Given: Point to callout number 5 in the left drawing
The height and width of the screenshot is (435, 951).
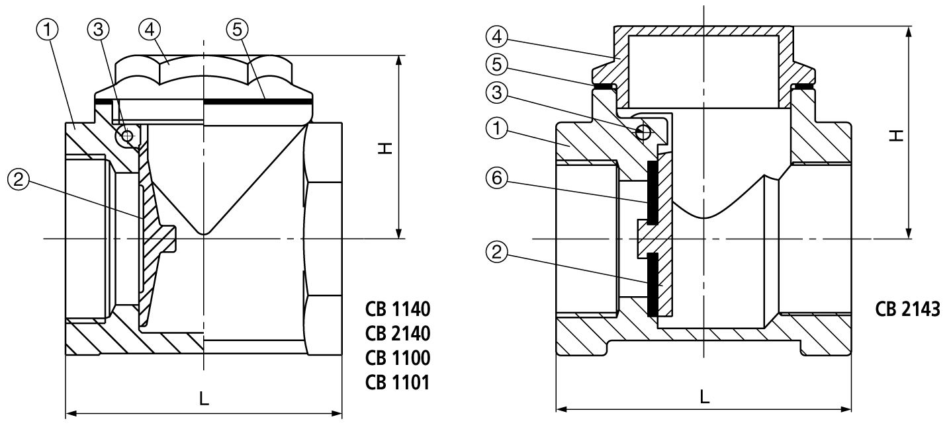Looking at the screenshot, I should [x=236, y=29].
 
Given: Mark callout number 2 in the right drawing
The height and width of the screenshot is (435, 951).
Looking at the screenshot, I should [x=498, y=251].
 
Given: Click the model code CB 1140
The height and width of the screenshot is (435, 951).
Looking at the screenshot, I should [x=398, y=309].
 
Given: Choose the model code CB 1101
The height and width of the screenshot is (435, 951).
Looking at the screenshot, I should [x=398, y=381].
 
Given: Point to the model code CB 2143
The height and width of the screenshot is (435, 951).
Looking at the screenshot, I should [x=907, y=309].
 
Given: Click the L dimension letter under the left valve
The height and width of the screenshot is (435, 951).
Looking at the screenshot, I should [x=204, y=399].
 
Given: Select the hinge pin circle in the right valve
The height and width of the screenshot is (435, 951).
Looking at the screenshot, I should [x=642, y=132].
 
